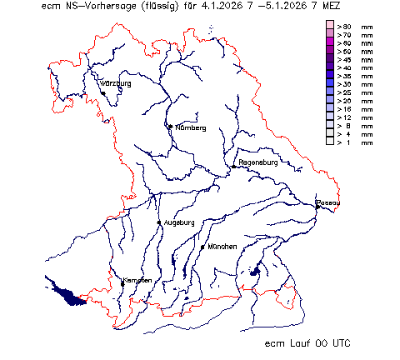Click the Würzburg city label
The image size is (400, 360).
coord(116,84)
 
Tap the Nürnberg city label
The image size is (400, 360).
coord(190,127)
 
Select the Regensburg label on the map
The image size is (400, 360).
coord(257,162)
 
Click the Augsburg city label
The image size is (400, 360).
coord(179,222)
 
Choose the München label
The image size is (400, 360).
coord(223,247)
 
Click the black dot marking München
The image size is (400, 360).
coord(202,247)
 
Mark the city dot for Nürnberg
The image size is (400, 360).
coord(170,127)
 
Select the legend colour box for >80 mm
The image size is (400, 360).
coord(330,27)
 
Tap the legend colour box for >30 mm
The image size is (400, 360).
coord(330,85)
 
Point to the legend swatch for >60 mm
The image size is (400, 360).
coord(330,43)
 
